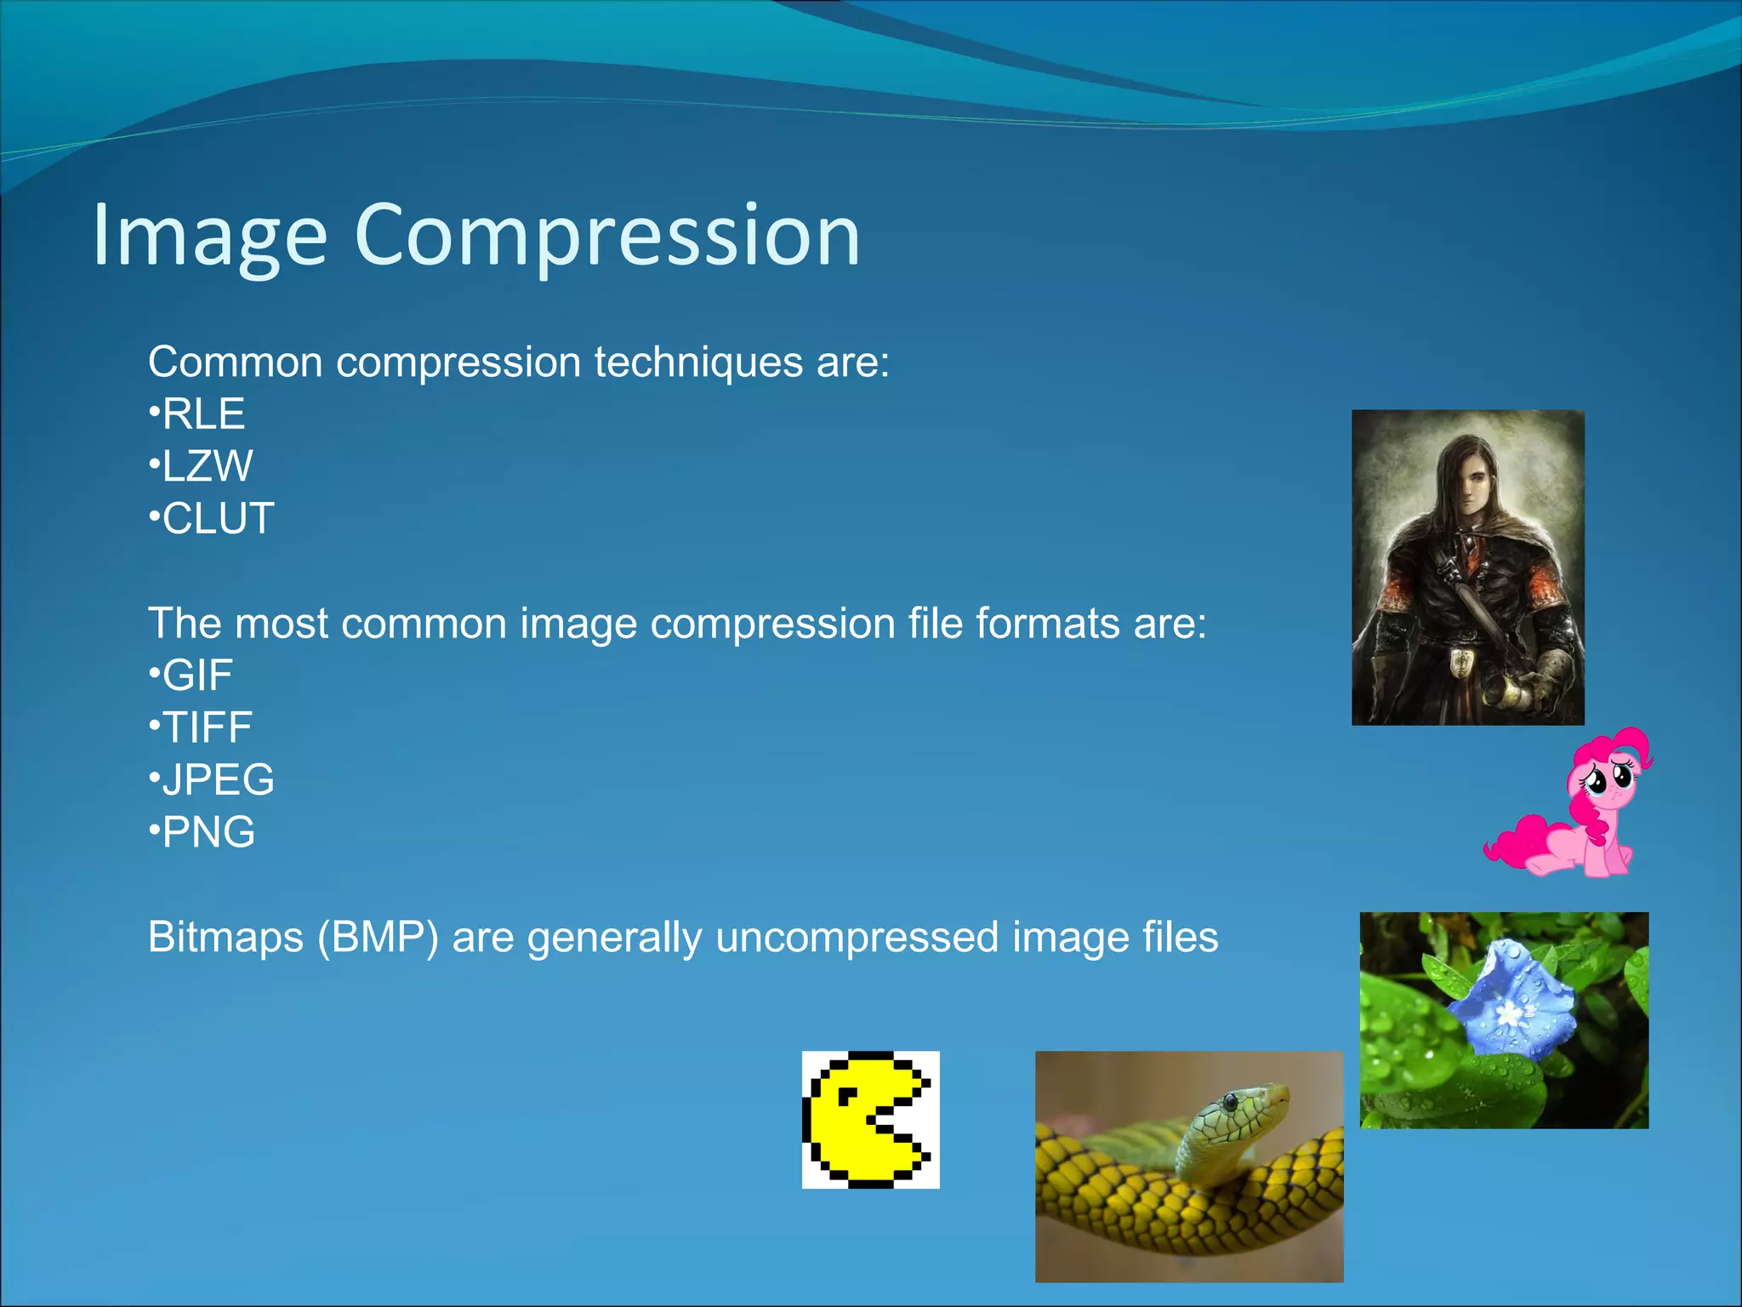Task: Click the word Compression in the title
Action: (x=607, y=236)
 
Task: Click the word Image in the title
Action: (x=209, y=236)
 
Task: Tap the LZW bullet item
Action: (x=207, y=466)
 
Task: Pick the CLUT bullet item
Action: (x=217, y=518)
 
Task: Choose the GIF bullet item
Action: (x=196, y=676)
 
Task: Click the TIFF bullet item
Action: (x=207, y=728)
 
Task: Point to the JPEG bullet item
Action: (x=218, y=779)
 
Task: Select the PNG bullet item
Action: (x=208, y=832)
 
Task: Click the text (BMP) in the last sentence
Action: (x=378, y=938)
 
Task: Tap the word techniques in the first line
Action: (x=698, y=362)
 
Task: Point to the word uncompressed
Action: (x=857, y=938)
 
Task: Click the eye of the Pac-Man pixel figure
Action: (x=847, y=1098)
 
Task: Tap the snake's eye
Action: (x=1230, y=1104)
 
